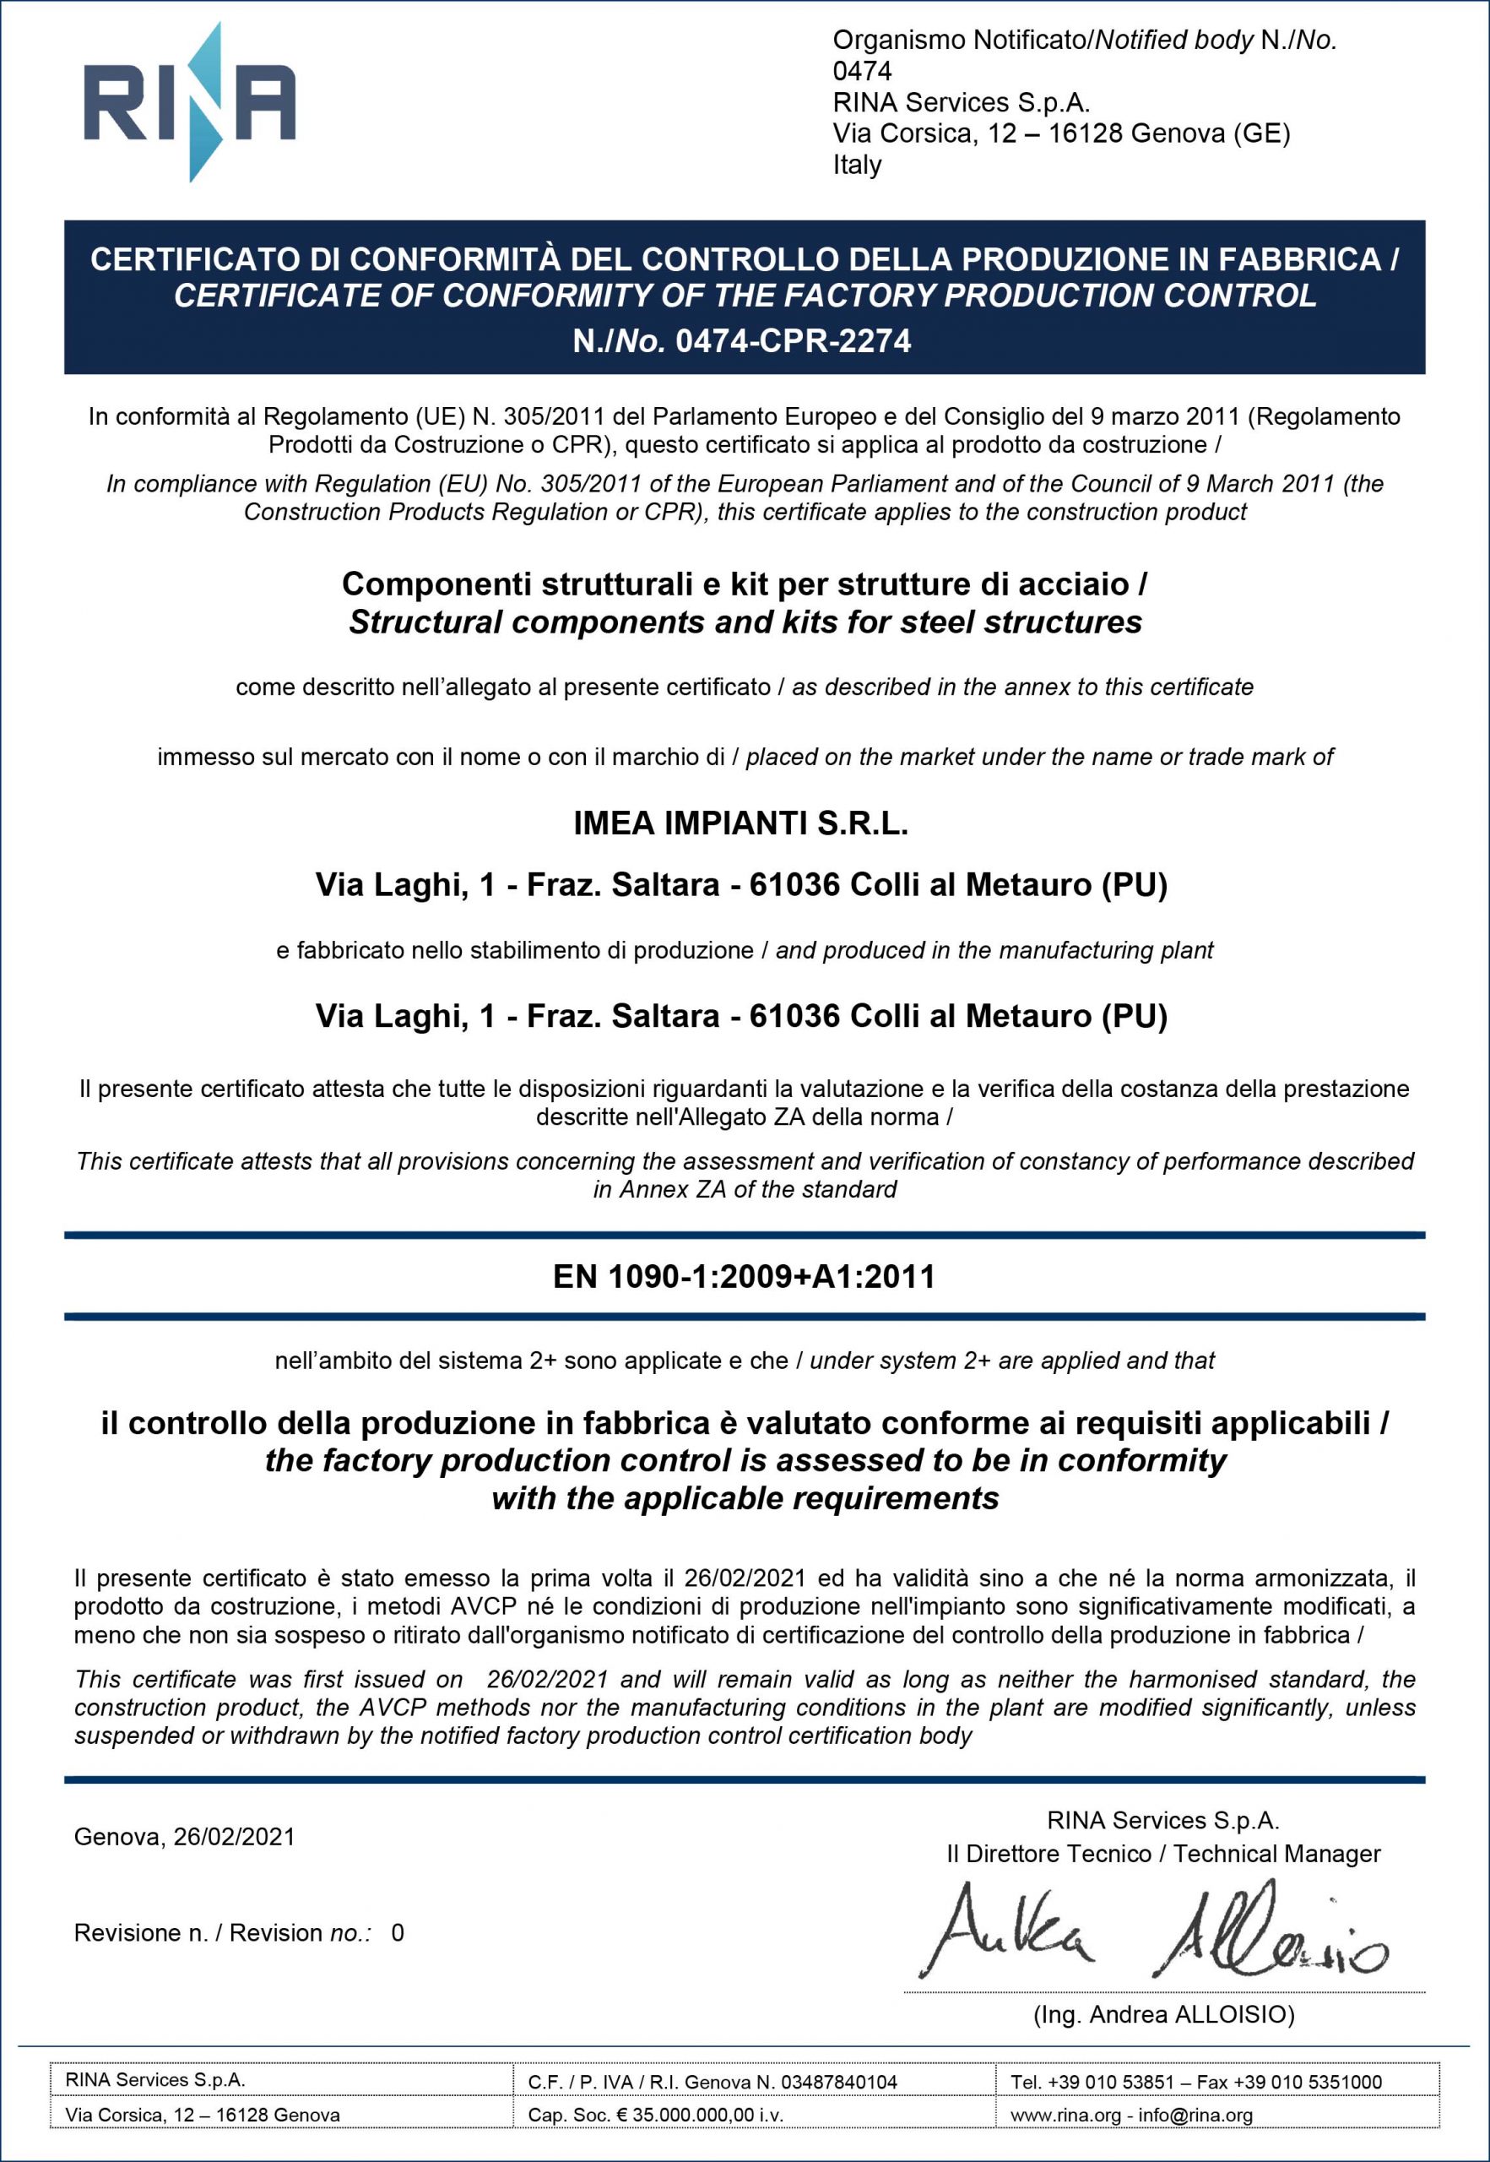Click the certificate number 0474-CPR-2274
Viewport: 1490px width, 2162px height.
point(793,341)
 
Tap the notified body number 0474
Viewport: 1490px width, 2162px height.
point(862,71)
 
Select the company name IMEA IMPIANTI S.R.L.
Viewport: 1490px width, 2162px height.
point(740,823)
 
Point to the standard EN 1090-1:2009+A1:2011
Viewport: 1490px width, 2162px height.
point(744,1277)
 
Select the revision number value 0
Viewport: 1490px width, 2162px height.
point(398,1932)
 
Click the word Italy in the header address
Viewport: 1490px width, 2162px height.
point(857,166)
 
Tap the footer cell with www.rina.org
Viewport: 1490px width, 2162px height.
point(1131,2115)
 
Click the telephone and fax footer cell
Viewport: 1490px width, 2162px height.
point(1196,2082)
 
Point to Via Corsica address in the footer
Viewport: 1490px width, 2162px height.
point(202,2115)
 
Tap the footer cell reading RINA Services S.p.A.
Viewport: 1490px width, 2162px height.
point(155,2080)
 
